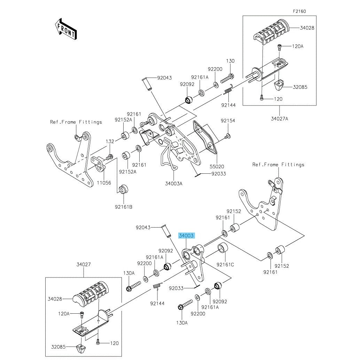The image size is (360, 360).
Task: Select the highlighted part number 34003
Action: [x=187, y=236]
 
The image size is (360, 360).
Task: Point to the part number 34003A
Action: [x=174, y=183]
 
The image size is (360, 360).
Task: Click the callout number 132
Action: [x=110, y=141]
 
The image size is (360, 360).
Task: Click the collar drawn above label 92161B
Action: [x=123, y=190]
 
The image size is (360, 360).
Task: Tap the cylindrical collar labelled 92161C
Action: [x=222, y=249]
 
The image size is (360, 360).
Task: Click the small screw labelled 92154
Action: [x=227, y=136]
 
